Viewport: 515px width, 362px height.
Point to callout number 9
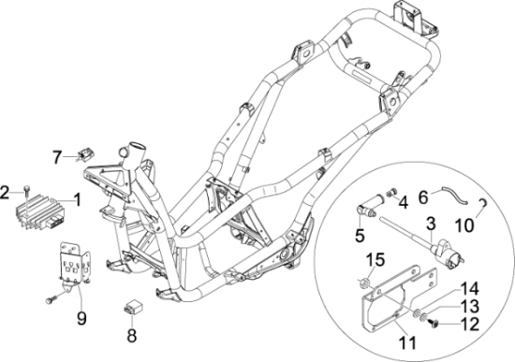pos(81,317)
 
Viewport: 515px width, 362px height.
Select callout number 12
pos(468,324)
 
